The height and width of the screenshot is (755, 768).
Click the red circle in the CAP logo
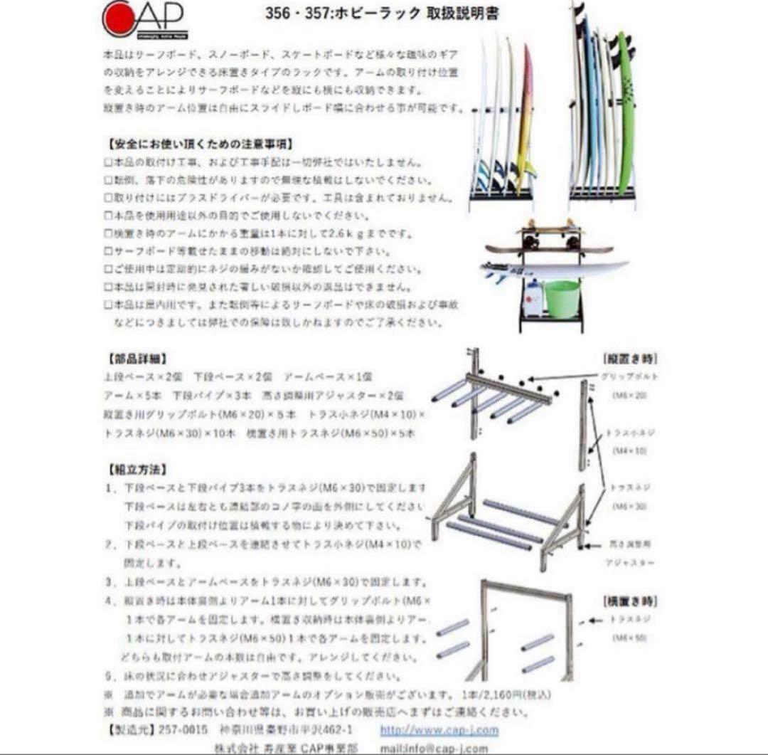click(x=115, y=18)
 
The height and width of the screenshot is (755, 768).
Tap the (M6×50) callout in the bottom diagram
click(x=629, y=638)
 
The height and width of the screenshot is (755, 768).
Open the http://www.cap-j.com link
click(x=439, y=729)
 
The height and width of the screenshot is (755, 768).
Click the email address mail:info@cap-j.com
click(x=434, y=748)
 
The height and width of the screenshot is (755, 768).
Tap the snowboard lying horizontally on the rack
click(x=548, y=250)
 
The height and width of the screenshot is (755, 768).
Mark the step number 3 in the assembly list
click(x=109, y=582)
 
